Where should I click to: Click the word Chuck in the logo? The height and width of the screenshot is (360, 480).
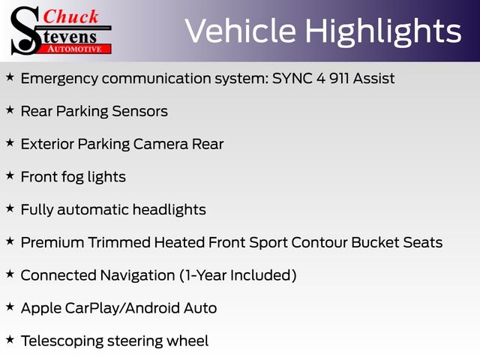click(70, 16)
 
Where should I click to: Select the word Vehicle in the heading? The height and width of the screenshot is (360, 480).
click(241, 31)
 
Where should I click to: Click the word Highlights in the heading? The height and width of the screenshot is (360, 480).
click(383, 31)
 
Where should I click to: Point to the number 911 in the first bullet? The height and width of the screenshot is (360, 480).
click(339, 78)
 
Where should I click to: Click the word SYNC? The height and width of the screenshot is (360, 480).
click(292, 78)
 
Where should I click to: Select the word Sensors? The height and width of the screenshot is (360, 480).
click(140, 111)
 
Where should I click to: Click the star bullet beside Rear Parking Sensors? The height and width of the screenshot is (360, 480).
click(10, 109)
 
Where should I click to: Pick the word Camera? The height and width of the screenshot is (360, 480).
click(160, 144)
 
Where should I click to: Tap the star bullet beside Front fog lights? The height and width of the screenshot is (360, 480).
click(10, 175)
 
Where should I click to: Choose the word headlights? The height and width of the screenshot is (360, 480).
click(169, 210)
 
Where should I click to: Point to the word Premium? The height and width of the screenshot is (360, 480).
click(52, 242)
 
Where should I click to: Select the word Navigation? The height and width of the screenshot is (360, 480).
click(137, 276)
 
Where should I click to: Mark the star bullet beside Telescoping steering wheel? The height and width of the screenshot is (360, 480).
click(10, 340)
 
